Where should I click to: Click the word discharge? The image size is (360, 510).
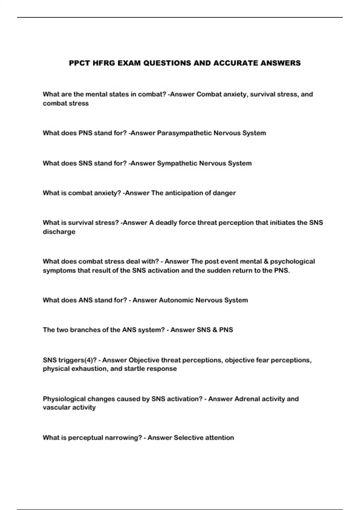click(59, 232)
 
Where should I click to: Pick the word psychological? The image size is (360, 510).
click(292, 261)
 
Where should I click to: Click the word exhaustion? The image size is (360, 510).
click(89, 368)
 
